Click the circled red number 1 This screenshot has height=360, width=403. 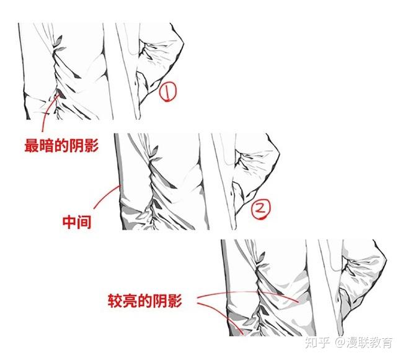tap(167, 92)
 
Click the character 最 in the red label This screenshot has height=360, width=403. tap(32, 146)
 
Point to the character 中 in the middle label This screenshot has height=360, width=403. tap(69, 222)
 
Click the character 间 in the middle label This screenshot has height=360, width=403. tap(85, 222)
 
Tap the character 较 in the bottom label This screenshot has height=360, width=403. tap(115, 302)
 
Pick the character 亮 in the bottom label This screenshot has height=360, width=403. tap(130, 302)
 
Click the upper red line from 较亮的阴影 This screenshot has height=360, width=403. tap(248, 294)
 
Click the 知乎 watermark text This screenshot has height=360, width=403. tap(318, 342)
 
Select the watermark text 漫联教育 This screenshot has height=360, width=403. tap(370, 342)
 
